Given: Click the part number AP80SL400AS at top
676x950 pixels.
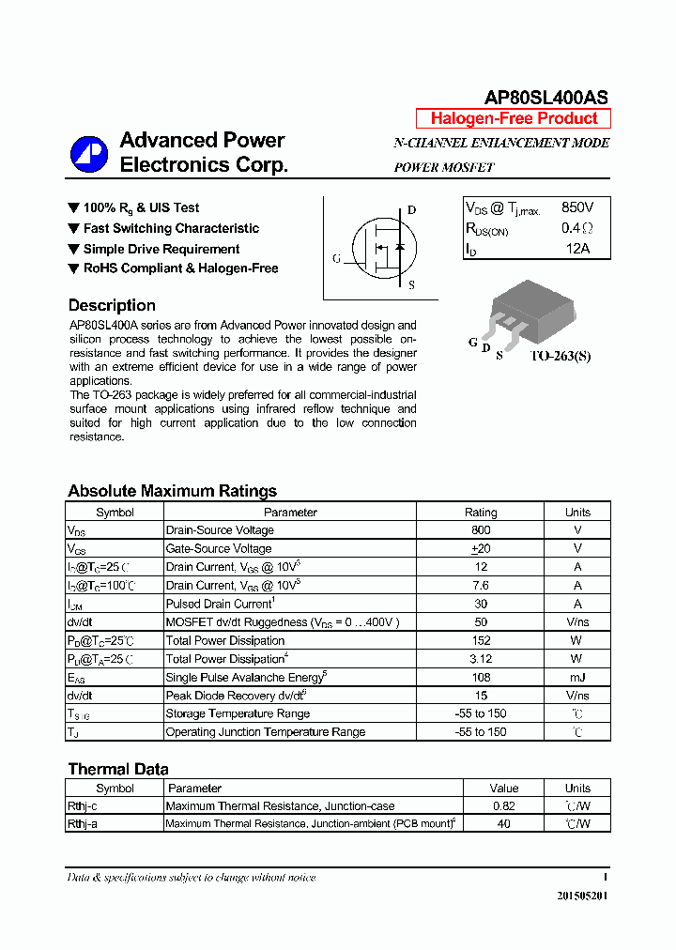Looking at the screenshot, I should pos(545,98).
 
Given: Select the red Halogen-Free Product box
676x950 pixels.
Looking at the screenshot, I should pos(514,118).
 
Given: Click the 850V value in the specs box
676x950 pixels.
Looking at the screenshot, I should pos(577,207).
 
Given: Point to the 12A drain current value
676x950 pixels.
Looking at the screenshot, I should pos(577,249).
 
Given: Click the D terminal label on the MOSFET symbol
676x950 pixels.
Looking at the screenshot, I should pos(411,210).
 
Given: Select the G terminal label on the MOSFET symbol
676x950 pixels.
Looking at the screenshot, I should pos(336,258).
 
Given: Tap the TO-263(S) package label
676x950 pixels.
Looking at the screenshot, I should pos(561,357).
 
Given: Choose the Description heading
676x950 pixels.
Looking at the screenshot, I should pos(112,305).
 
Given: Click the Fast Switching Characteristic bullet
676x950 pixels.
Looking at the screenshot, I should pos(171,228).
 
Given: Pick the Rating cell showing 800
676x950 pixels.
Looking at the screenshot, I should pos(481,530).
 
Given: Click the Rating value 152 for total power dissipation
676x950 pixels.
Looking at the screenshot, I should pos(481,640).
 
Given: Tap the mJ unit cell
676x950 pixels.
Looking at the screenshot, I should pos(577,677).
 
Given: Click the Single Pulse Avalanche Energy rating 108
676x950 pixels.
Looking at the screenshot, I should pos(481,677).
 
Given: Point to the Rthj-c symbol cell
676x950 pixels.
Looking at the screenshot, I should pos(83,806).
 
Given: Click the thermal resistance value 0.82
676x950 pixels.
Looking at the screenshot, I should pos(503,806).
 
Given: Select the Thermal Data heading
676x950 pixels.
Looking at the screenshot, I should pos(118,769).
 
